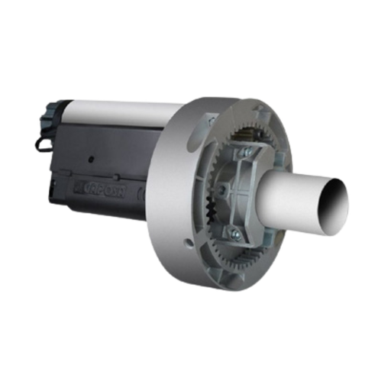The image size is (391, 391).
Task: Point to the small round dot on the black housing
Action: (x=90, y=159)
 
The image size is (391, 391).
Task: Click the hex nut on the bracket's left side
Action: (x=220, y=188)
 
